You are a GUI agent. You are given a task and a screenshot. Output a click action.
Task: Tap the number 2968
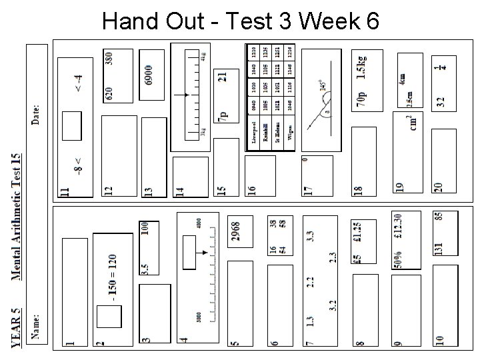[236, 233]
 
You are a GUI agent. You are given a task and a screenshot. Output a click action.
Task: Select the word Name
[37, 326]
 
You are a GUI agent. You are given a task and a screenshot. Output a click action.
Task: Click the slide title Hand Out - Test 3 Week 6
[241, 22]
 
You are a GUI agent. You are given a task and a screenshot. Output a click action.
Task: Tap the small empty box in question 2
[107, 317]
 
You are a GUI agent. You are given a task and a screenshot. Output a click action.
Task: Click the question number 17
[308, 189]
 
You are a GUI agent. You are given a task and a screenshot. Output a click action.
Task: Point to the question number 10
[439, 339]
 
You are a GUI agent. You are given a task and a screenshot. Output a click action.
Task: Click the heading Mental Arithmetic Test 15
[17, 216]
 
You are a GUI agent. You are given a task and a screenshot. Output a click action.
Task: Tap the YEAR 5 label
[17, 327]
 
